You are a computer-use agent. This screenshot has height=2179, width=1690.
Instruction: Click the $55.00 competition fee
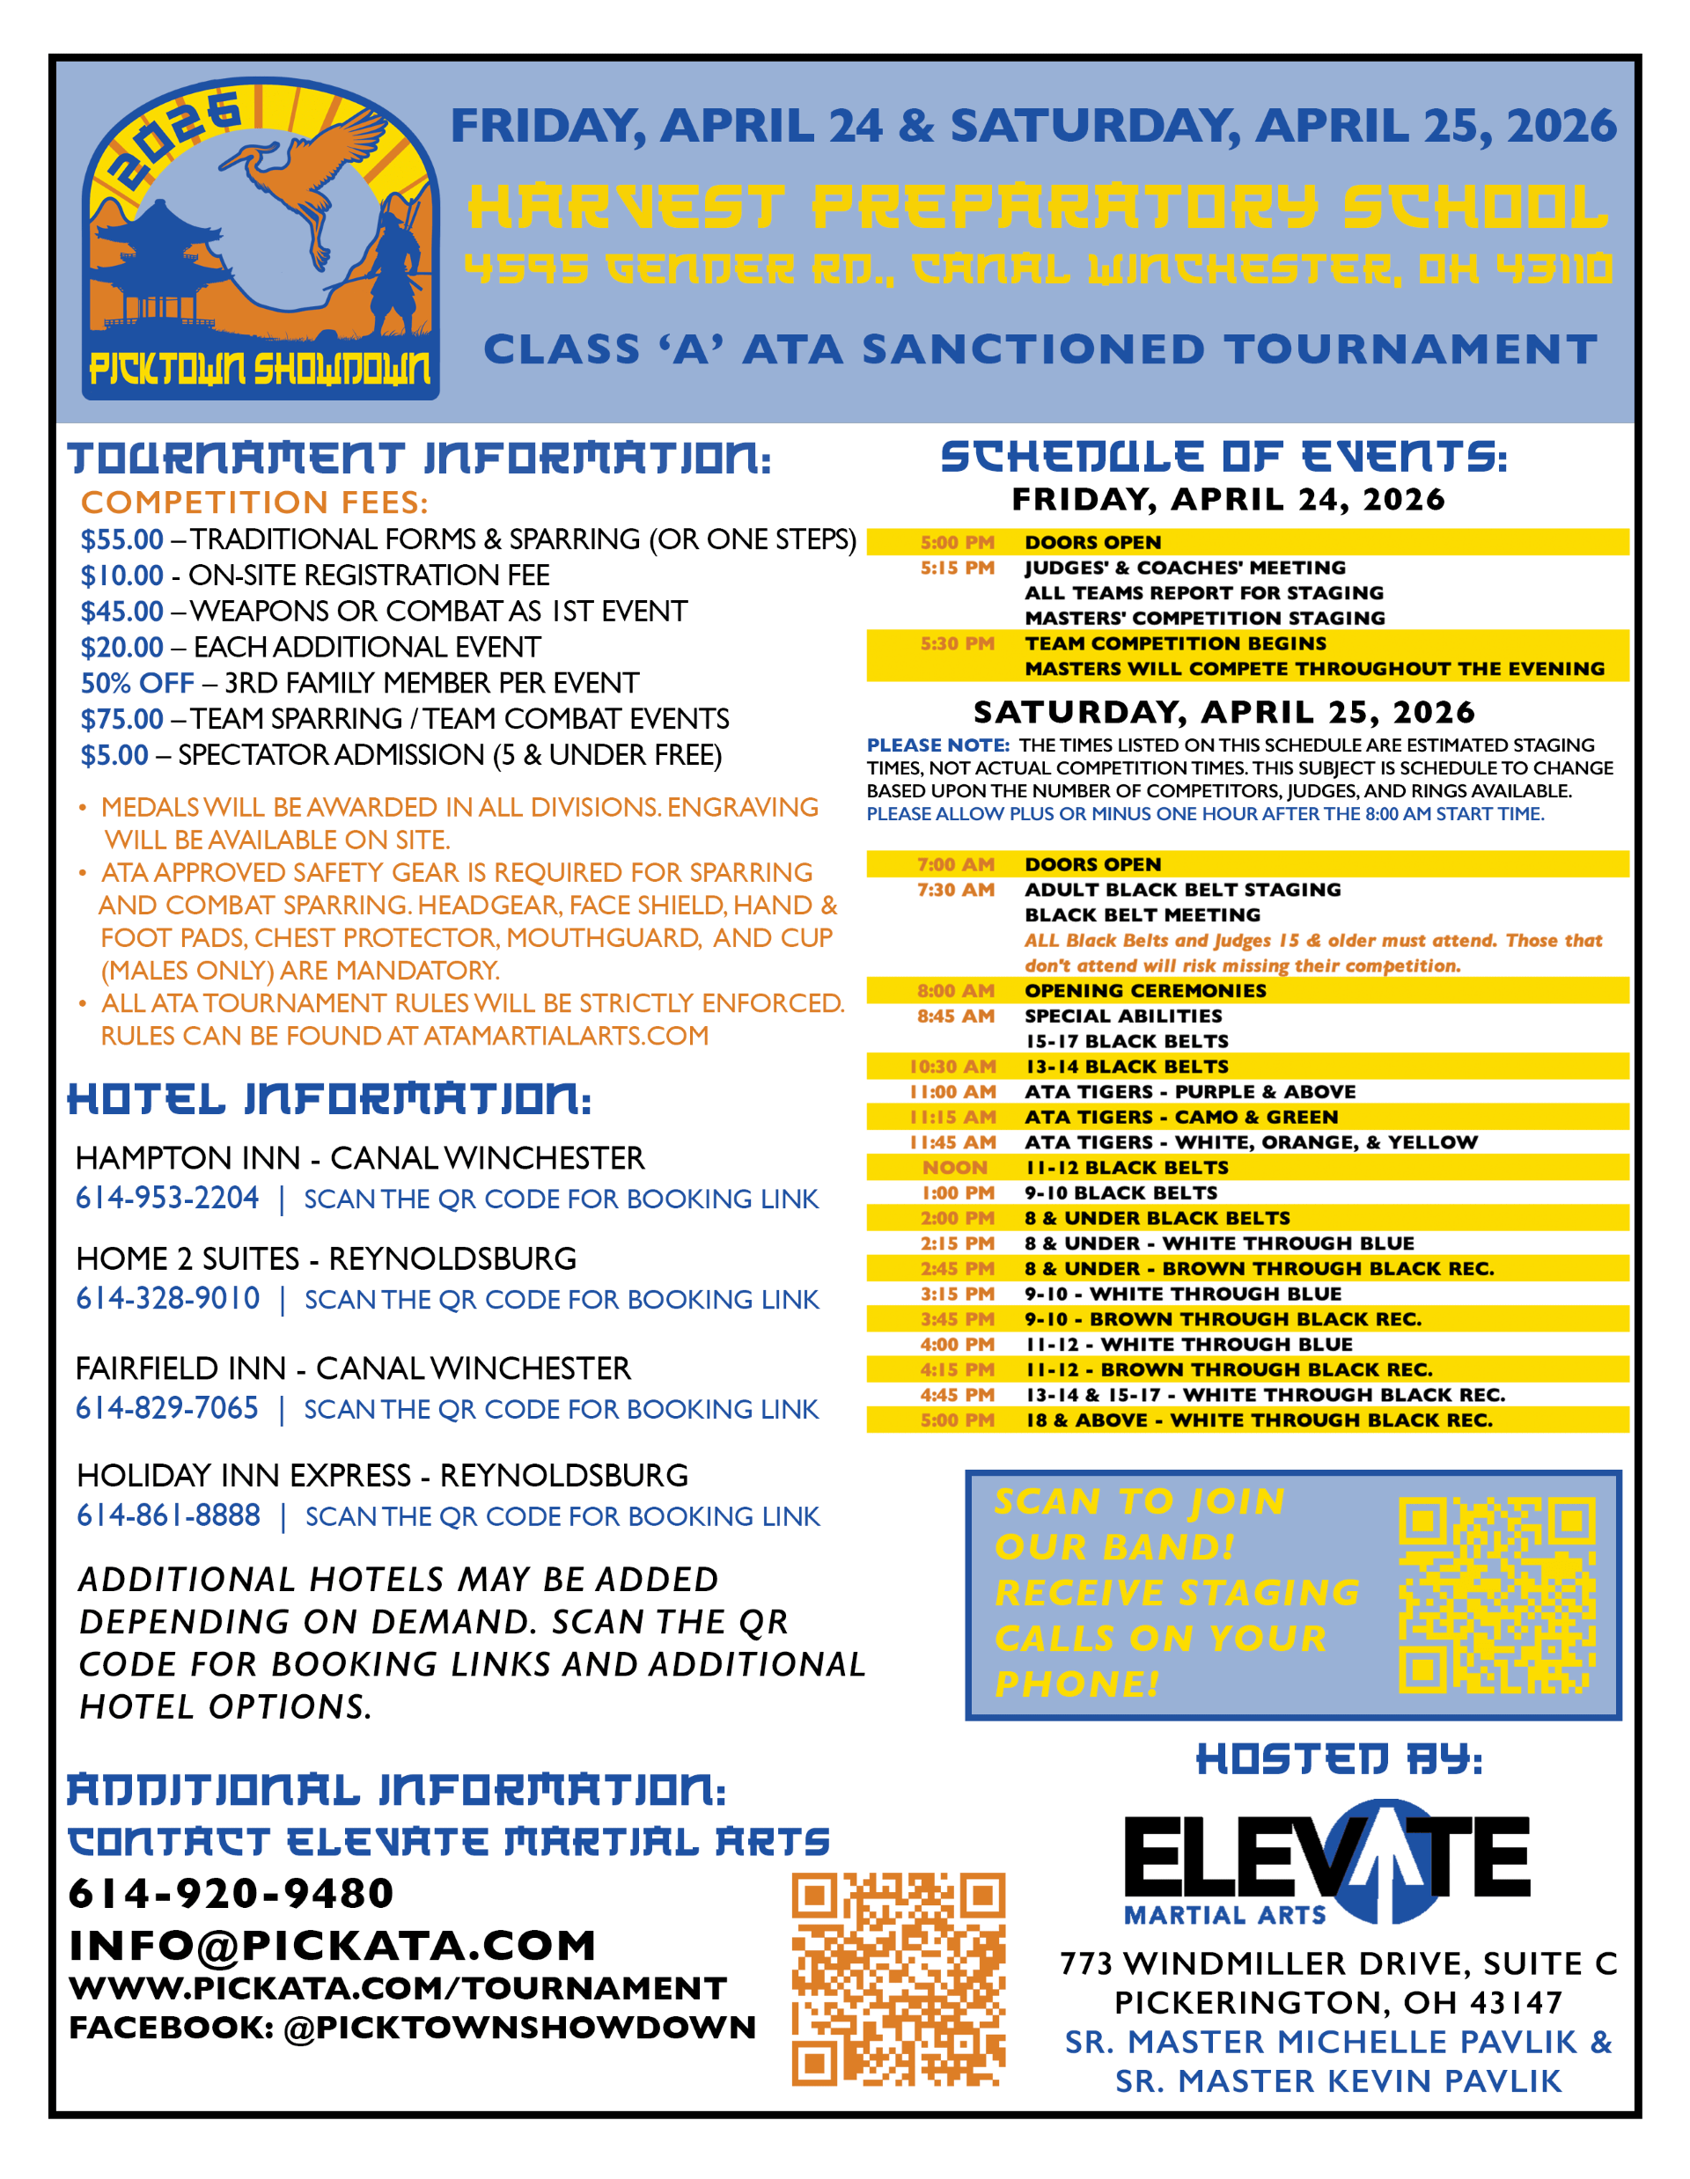pos(121,539)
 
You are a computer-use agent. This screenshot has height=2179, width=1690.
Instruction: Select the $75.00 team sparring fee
pos(121,719)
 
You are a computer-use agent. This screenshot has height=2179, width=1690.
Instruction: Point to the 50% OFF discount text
pos(137,684)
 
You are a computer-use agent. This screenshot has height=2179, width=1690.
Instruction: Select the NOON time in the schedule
pos(955,1167)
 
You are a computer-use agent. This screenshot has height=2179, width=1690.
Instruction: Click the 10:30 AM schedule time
pos(952,1067)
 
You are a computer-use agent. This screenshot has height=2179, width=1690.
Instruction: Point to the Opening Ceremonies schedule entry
pos(1145,991)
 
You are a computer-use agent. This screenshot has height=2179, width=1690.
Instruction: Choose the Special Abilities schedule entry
pos(1123,1016)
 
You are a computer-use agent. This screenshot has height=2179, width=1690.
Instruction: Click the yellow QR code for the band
pos(1496,1596)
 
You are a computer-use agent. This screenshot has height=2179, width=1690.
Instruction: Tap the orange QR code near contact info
pos(898,1979)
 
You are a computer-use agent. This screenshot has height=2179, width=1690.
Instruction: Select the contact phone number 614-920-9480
pos(231,1894)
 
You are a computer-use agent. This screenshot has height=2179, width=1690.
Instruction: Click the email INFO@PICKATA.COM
pos(332,1946)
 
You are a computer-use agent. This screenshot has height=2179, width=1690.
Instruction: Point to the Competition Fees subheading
pos(254,502)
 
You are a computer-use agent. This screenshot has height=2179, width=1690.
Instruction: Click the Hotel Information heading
pos(329,1099)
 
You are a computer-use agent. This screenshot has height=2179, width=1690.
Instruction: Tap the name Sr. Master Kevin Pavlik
pos(1338,2081)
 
